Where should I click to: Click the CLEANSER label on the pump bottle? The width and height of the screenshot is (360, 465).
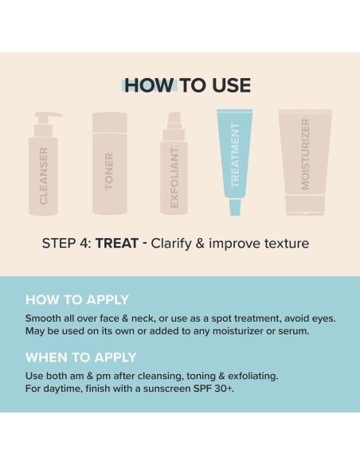click(x=43, y=176)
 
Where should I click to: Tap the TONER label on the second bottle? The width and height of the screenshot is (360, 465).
click(x=109, y=171)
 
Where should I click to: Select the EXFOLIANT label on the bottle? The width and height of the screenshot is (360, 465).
click(x=174, y=178)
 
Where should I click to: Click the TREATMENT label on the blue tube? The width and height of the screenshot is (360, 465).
click(x=235, y=155)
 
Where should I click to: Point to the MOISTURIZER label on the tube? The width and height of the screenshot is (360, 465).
click(x=305, y=154)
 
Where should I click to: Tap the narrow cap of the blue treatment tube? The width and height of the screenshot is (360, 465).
click(x=235, y=207)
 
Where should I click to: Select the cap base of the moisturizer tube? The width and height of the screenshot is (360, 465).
click(x=305, y=205)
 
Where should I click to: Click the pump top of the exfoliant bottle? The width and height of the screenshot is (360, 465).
click(x=174, y=120)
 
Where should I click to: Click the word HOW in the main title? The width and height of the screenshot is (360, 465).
click(x=149, y=85)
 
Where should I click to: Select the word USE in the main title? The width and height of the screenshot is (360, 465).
click(x=231, y=85)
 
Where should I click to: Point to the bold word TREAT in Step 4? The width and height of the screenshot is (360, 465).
click(x=117, y=244)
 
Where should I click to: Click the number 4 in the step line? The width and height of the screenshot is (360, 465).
click(x=84, y=244)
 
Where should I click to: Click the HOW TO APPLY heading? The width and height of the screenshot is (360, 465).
click(x=77, y=299)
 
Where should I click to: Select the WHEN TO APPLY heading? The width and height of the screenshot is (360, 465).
click(x=81, y=357)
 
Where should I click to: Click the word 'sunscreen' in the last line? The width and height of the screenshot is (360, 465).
click(x=167, y=389)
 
